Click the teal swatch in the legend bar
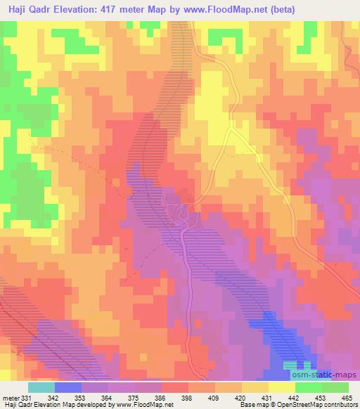point(41,387)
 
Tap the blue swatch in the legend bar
point(68,387)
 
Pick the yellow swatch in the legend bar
point(282,387)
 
